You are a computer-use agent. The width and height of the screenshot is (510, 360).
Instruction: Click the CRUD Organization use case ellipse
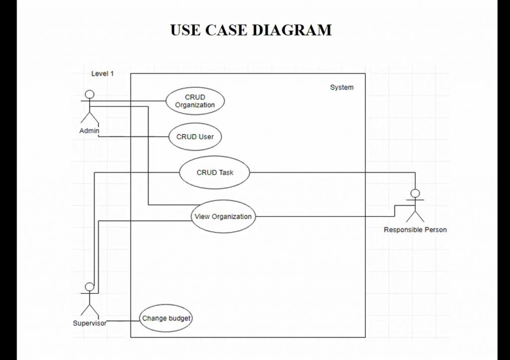click(195, 101)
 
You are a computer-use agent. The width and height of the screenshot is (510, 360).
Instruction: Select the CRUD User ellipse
click(195, 137)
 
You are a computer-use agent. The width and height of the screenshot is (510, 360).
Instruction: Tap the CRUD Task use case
click(215, 173)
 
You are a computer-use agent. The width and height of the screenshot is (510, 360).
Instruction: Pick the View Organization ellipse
click(223, 217)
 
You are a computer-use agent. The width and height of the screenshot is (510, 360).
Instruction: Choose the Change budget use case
click(166, 318)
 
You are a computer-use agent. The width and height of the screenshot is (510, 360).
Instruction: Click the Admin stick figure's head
click(90, 95)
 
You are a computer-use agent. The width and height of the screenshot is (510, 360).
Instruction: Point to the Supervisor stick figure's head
click(90, 286)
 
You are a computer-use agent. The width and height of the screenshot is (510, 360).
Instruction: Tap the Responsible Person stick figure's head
click(415, 194)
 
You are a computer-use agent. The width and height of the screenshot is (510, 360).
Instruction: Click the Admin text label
click(89, 130)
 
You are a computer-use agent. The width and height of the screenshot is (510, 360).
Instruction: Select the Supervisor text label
click(90, 323)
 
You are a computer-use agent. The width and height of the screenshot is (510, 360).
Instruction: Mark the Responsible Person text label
click(415, 230)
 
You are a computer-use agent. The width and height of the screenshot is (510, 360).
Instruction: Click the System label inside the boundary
click(342, 88)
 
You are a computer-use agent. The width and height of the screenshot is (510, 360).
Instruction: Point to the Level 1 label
click(103, 74)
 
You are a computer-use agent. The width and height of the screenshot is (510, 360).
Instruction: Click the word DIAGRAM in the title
click(291, 30)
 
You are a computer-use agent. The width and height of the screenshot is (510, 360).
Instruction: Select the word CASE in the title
click(226, 30)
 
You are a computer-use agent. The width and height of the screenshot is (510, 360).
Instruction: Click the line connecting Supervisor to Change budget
click(123, 321)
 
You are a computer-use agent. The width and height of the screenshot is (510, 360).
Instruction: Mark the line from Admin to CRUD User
click(134, 136)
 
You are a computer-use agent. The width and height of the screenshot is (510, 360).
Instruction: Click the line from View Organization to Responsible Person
click(324, 217)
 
